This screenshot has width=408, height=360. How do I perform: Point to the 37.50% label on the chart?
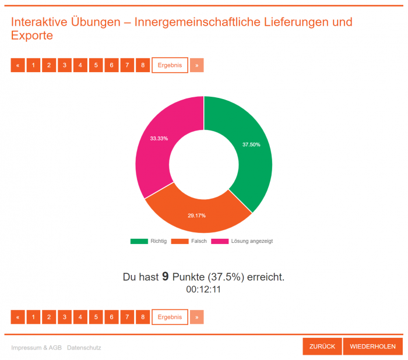coord(251,144)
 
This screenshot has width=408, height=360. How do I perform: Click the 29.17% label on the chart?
coord(196,216)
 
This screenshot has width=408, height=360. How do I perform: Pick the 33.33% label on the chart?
coord(159,139)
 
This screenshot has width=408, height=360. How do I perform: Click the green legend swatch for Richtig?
coord(139,241)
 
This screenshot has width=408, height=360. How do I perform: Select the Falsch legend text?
coord(199,241)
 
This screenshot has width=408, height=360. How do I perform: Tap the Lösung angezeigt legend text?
coord(251,241)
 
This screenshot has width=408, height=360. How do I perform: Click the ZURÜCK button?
coord(322,347)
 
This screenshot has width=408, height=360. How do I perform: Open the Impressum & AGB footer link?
coord(36,348)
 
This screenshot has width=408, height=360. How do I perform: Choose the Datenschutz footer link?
coord(84,348)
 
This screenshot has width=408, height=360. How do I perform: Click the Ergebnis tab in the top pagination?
coord(170,65)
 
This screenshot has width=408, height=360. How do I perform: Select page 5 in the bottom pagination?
coord(96,317)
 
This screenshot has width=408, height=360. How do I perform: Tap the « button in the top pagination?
coord(17,65)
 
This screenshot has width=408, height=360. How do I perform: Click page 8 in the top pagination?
coord(143,65)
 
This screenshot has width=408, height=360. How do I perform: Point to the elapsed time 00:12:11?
coord(203,290)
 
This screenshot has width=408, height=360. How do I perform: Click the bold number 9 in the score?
coord(166,277)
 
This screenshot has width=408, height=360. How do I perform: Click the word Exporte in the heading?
coord(32,36)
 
